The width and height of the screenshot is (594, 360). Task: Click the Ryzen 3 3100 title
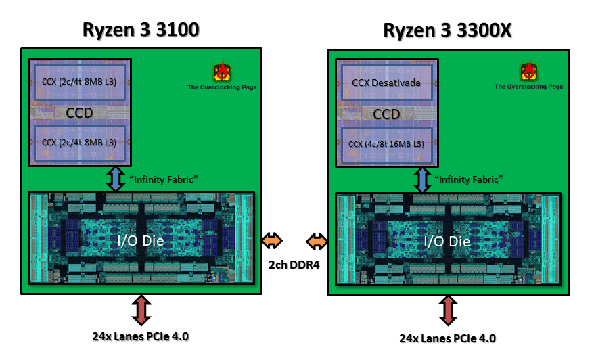click(x=141, y=30)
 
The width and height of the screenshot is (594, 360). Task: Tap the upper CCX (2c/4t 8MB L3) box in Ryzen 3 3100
click(x=79, y=81)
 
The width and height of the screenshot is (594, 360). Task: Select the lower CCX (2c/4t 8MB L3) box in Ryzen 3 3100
click(x=79, y=142)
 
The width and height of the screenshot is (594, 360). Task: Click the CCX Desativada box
click(x=386, y=83)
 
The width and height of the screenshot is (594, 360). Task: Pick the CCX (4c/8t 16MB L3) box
click(x=386, y=144)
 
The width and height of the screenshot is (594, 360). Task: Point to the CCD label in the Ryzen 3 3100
click(x=79, y=112)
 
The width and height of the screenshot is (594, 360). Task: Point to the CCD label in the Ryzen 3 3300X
click(x=386, y=114)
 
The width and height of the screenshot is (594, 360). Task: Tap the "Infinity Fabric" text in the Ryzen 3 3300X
click(x=469, y=180)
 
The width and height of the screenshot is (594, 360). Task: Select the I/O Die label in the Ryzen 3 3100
click(x=141, y=240)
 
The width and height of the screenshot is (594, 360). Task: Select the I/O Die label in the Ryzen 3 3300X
click(x=447, y=241)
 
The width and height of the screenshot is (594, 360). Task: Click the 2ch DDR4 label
click(x=294, y=264)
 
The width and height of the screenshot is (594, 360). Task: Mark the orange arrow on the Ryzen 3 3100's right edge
click(x=272, y=240)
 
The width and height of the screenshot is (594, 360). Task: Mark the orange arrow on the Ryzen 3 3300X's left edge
click(x=317, y=241)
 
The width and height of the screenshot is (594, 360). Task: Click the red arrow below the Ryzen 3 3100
click(x=141, y=310)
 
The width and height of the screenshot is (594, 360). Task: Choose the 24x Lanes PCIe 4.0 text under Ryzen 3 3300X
click(x=447, y=338)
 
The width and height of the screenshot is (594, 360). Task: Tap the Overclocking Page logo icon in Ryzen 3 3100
click(x=222, y=71)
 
